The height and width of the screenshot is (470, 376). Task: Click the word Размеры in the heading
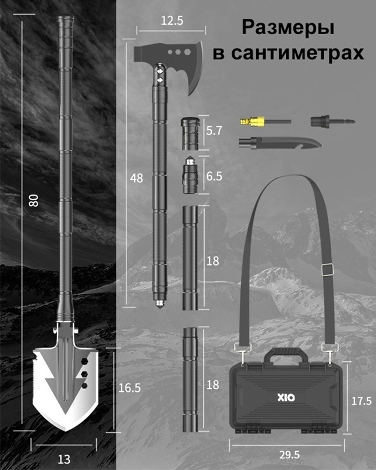pos(287,28)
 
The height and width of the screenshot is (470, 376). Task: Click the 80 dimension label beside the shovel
pos(34,200)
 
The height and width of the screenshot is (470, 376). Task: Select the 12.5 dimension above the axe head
pos(172,21)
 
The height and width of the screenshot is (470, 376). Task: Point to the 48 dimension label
pos(137,179)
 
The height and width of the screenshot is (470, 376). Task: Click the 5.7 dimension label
pos(214,130)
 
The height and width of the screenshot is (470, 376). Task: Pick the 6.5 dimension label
pos(214,176)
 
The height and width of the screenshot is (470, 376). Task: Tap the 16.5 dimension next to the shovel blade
pos(130,388)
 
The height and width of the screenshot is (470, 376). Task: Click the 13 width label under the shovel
pos(64,459)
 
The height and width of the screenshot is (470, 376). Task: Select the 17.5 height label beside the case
pos(361,401)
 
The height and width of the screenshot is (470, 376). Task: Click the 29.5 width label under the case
pos(290,455)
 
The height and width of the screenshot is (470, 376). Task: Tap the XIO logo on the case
pos(286,398)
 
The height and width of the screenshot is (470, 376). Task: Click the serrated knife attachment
pos(280,143)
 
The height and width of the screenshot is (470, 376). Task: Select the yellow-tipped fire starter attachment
pos(265,122)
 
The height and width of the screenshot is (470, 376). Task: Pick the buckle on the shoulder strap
pos(327,269)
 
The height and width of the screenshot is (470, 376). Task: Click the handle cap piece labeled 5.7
pos(190,134)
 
